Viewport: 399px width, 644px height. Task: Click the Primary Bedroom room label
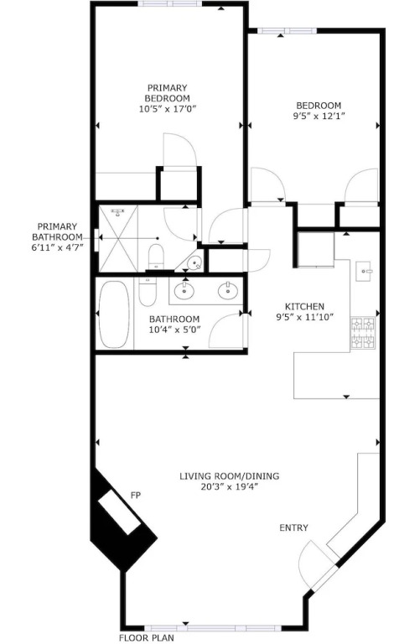[167, 93]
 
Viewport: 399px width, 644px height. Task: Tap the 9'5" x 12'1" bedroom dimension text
[319, 117]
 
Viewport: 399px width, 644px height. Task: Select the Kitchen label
[304, 306]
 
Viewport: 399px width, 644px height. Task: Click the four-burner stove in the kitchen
[363, 333]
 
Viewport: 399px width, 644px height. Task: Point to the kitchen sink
[364, 271]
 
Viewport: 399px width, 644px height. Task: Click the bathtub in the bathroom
[115, 314]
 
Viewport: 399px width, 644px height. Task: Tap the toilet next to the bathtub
[148, 291]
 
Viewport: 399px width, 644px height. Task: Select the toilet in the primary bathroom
[156, 256]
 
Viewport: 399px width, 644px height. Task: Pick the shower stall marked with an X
[119, 239]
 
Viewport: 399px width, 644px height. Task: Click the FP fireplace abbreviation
[136, 496]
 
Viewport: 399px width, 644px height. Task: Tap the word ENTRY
[293, 527]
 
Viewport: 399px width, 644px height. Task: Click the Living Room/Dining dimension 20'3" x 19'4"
[229, 487]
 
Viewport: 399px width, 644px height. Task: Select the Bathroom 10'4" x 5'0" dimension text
[174, 330]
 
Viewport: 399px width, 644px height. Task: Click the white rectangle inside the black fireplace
[120, 512]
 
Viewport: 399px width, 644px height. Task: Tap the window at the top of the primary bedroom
[170, 3]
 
